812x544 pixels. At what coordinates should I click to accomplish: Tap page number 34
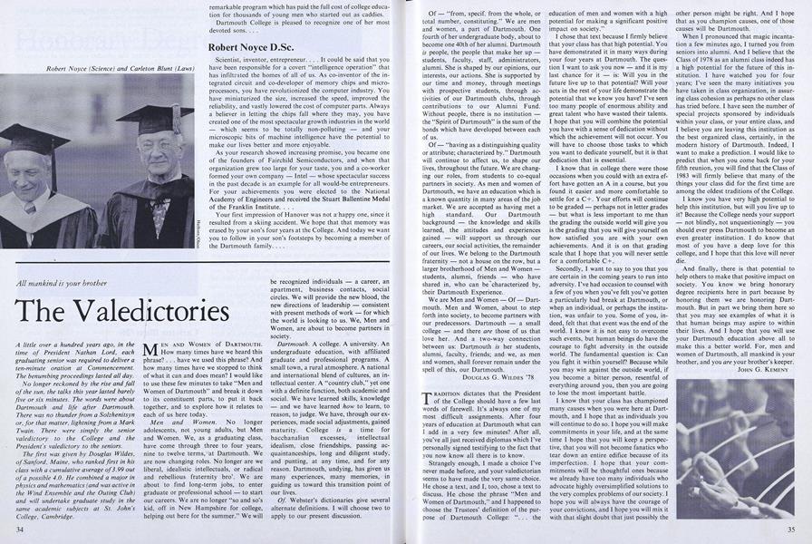pos(20,526)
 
